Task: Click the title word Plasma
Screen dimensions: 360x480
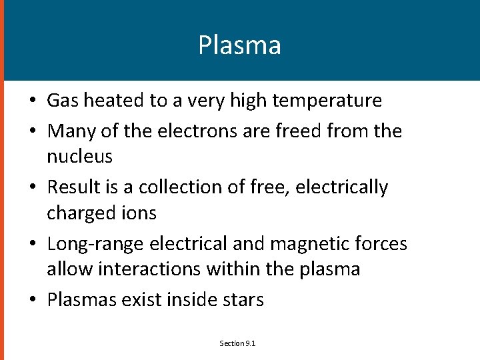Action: (239, 45)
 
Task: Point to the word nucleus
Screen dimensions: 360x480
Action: (79, 157)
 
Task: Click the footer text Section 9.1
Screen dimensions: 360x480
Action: (238, 343)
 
